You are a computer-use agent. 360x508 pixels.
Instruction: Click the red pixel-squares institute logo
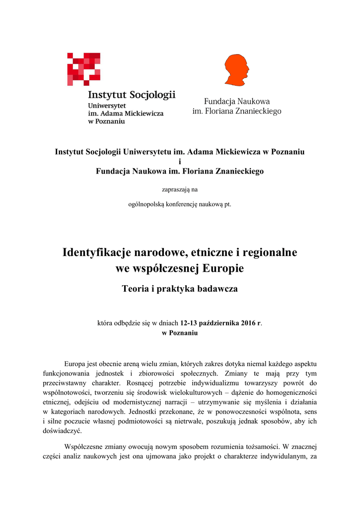84,69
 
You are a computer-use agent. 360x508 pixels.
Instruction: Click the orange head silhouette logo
236,70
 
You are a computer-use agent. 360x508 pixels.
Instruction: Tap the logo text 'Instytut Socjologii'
132,95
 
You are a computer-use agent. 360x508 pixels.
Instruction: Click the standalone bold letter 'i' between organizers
180,161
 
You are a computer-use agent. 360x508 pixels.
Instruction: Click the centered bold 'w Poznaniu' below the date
180,333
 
